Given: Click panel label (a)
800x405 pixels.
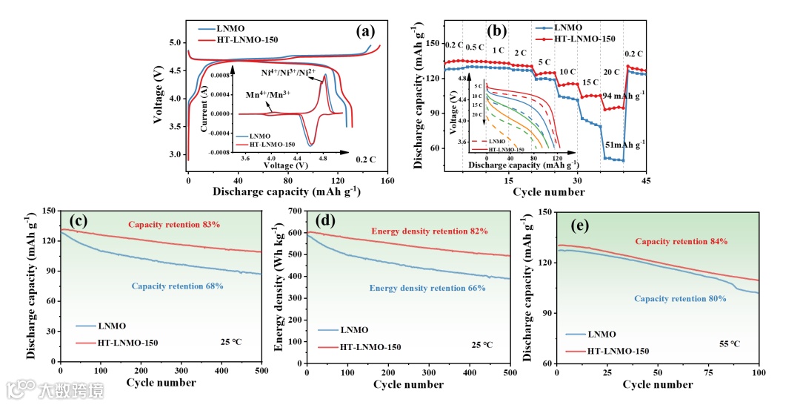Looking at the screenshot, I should click(366, 31).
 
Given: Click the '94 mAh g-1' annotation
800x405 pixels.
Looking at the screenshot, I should click(623, 95).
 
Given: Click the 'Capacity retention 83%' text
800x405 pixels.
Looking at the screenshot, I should click(175, 224).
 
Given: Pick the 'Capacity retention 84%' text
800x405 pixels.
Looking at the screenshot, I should click(681, 242).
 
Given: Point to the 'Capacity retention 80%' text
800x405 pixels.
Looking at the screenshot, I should click(681, 300).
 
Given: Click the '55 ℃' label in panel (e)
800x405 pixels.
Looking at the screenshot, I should click(730, 344).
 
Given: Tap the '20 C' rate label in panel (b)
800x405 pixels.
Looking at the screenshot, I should click(611, 72).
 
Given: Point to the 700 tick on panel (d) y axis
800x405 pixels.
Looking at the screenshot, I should click(295, 211).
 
